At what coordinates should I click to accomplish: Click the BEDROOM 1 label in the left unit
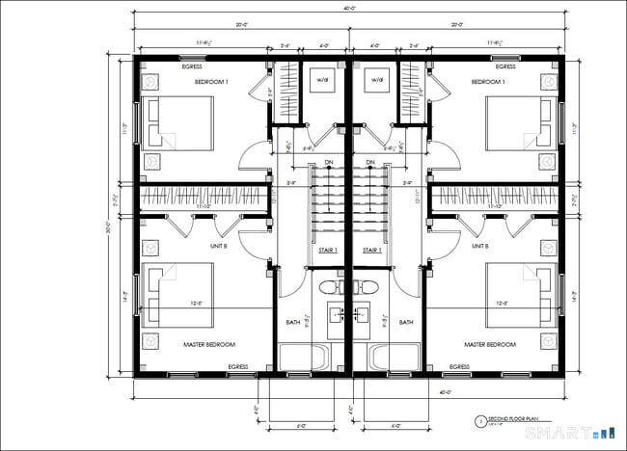(x=211, y=83)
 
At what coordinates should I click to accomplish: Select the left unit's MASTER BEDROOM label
(x=209, y=344)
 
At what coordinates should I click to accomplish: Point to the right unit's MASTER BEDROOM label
(x=489, y=344)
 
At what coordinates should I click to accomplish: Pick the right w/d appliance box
(x=375, y=81)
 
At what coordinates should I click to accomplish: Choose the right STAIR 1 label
(x=371, y=250)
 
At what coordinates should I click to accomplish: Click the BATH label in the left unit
(x=293, y=322)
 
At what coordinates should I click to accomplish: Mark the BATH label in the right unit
(x=406, y=322)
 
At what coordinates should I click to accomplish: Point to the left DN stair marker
(x=329, y=161)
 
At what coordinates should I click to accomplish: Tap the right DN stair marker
(x=370, y=161)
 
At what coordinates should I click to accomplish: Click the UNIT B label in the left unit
(x=218, y=246)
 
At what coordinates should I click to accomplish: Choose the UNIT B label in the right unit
(x=480, y=246)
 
